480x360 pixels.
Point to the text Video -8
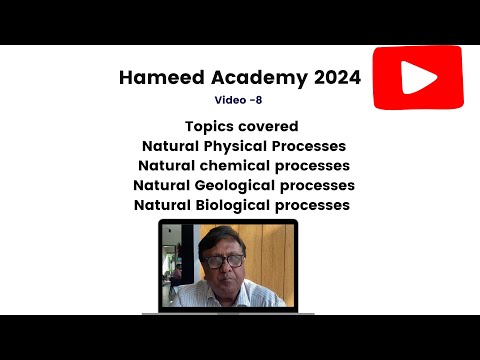click(240, 100)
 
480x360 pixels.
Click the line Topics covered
click(241, 126)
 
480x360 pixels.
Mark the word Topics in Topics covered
click(210, 126)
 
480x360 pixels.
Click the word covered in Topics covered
click(270, 126)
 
